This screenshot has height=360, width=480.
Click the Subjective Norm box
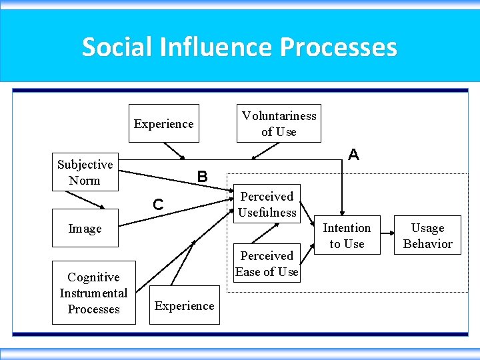click(x=85, y=173)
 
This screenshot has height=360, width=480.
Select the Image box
click(x=85, y=229)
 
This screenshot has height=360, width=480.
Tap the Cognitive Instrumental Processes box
click(x=93, y=293)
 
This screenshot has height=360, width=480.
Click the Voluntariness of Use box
click(x=279, y=123)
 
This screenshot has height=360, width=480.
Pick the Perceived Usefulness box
click(x=267, y=204)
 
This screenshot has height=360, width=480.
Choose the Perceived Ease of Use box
click(x=267, y=263)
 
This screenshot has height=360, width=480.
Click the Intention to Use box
click(x=347, y=235)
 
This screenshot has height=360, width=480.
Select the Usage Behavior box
click(x=427, y=235)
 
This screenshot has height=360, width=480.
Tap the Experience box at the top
click(x=163, y=123)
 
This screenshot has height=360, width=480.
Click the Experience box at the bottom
click(x=184, y=306)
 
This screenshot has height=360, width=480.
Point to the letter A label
click(x=353, y=155)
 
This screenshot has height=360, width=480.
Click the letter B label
click(x=202, y=177)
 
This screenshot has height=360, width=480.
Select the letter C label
click(x=158, y=205)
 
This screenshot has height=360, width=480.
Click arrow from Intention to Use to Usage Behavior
click(x=385, y=235)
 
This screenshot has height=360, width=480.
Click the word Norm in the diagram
click(x=85, y=181)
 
